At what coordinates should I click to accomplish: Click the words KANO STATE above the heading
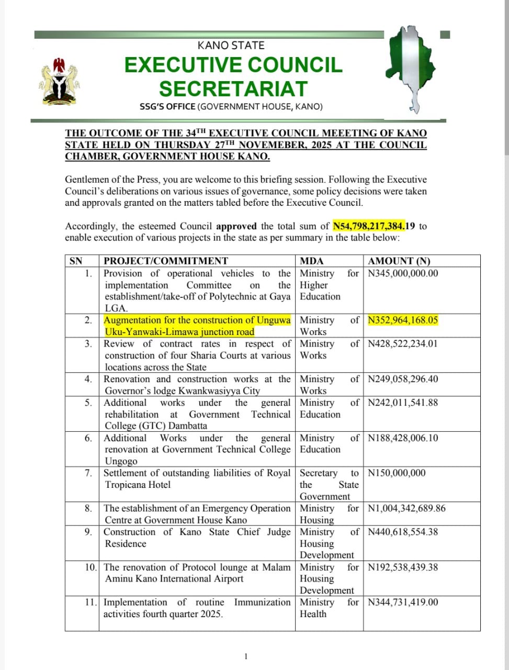click(231, 46)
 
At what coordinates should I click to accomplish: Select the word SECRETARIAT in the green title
click(233, 88)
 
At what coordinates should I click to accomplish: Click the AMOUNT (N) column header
click(399, 261)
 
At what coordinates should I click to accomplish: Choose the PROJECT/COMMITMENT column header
click(166, 261)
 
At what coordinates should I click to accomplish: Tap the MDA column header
click(312, 261)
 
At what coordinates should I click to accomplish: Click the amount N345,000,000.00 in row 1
click(403, 273)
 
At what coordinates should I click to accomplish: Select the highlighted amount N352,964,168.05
click(403, 320)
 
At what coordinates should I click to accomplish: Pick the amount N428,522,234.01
click(403, 343)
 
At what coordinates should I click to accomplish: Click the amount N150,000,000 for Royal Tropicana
click(397, 473)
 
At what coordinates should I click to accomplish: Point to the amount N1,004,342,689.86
click(407, 508)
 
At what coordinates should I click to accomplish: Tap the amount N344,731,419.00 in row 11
click(403, 602)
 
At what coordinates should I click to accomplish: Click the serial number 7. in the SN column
click(88, 473)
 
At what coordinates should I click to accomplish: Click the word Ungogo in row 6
click(121, 461)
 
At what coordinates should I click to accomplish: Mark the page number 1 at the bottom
click(246, 656)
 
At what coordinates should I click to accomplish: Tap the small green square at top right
click(445, 35)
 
